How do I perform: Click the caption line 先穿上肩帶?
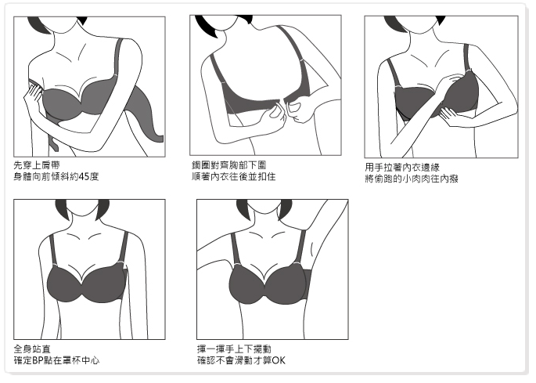[37, 166]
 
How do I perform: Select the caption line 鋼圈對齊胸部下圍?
[228, 165]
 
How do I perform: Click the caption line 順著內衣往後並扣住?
[233, 177]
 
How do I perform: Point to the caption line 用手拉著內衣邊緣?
[402, 168]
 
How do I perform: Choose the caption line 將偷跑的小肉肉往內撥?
[412, 179]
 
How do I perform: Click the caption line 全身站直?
[32, 349]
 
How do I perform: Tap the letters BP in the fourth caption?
[37, 361]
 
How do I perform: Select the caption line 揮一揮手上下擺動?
[234, 349]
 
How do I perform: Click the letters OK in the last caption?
[279, 361]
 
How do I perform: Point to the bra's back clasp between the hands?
[282, 101]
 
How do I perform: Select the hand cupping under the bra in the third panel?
[451, 116]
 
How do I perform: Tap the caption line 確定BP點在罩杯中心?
[57, 361]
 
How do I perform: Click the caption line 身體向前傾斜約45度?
[56, 177]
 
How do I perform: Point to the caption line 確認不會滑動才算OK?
[241, 361]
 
